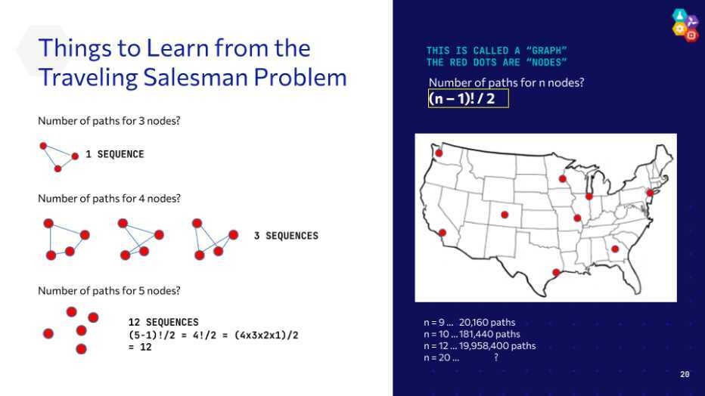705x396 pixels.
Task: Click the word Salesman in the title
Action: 196,77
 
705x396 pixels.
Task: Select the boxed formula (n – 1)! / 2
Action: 468,98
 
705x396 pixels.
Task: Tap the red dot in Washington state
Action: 439,153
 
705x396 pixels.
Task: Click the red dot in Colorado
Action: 505,215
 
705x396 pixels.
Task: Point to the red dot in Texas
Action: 556,273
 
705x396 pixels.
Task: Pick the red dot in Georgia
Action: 615,249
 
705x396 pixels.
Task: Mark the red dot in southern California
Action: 443,233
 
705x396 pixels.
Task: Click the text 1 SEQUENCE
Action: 115,154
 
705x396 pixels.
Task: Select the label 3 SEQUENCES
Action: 286,236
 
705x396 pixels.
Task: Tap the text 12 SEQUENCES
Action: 163,323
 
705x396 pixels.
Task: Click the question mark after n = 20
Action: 496,357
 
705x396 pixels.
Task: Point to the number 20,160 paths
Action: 487,323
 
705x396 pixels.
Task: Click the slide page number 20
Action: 685,374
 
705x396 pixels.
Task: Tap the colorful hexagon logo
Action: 685,25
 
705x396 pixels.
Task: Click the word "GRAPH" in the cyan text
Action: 547,51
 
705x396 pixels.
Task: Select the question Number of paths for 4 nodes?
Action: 109,199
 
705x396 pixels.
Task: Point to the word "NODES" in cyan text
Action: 547,63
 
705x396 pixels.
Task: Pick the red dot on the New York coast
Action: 650,193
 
